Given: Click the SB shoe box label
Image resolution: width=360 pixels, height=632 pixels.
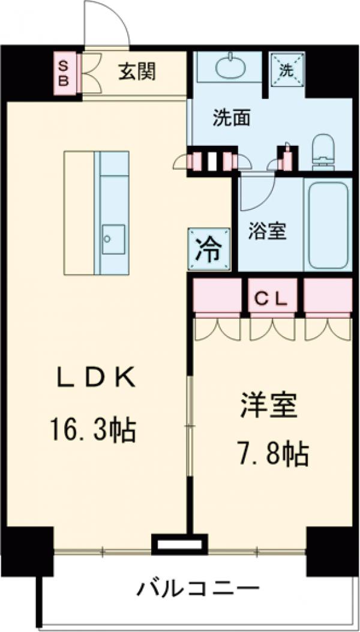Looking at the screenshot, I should coord(62,73).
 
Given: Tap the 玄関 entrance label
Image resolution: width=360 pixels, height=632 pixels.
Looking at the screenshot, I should coord(137,72).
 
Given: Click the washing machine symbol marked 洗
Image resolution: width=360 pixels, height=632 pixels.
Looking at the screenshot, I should coord(287,70).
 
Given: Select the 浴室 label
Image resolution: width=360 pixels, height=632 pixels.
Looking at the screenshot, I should coord(267,231).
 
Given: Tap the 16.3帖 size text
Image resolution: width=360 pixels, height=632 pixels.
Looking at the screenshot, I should coord(94,429).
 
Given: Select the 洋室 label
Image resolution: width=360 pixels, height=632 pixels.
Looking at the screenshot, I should coord(269,407).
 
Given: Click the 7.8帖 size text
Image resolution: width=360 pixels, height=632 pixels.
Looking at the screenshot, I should coord(269,454).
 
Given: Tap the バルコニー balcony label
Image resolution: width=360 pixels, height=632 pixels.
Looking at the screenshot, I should coord(197,588).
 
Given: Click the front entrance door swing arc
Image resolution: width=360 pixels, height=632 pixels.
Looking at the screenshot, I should coord(108,24).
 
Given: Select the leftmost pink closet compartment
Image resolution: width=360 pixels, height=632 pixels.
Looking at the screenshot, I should coord(217,295).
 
